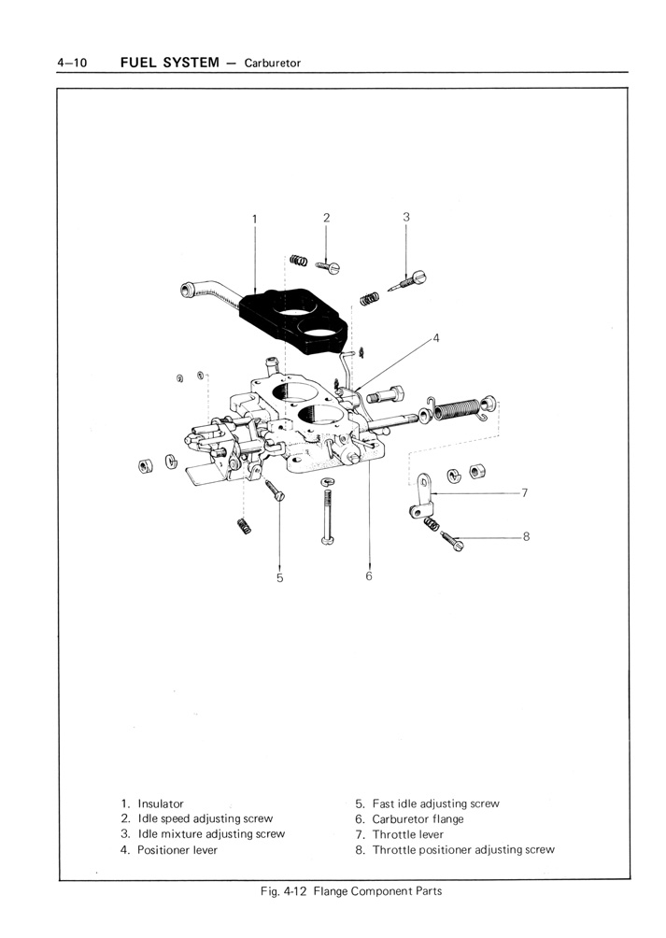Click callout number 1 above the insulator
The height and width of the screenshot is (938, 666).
tap(254, 220)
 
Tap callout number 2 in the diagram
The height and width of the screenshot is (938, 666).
tap(327, 217)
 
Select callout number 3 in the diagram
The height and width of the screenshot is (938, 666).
tap(406, 216)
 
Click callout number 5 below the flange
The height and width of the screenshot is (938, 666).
tap(279, 577)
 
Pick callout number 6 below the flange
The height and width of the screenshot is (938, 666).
tap(369, 576)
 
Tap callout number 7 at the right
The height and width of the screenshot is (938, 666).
tap(526, 491)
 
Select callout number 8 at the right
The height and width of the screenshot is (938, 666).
tap(526, 536)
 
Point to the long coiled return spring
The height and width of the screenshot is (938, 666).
tap(456, 407)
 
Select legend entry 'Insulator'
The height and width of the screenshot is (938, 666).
tap(161, 803)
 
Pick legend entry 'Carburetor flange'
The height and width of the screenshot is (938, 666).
tap(418, 819)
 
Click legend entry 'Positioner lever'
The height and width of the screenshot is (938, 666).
tap(177, 850)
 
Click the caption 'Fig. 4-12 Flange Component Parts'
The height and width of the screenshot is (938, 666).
tap(350, 890)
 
